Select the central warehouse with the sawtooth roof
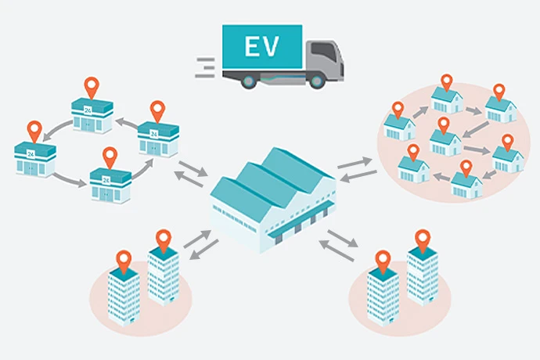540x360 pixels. click(x=274, y=196)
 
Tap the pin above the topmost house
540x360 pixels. click(x=447, y=81)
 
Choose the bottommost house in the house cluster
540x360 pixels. click(x=466, y=183)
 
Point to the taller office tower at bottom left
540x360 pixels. click(x=164, y=274)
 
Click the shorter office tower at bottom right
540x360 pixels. click(x=382, y=293)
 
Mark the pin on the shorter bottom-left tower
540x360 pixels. click(x=124, y=257)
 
